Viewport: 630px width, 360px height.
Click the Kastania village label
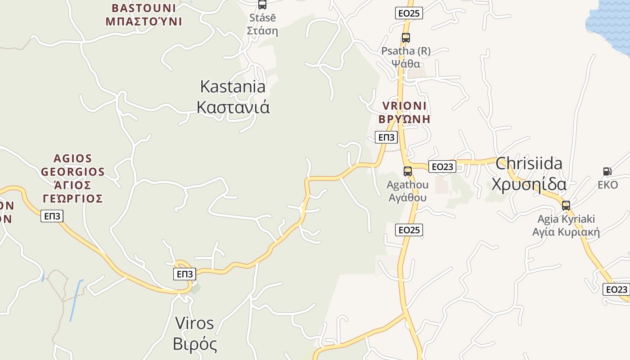click(233, 97)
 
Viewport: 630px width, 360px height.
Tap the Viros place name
click(194, 333)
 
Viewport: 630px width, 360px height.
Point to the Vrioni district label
click(404, 112)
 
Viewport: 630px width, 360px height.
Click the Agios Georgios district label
click(72, 178)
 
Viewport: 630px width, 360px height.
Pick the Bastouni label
click(144, 14)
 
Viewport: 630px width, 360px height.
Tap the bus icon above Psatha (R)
click(406, 38)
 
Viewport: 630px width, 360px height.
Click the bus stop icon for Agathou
click(408, 171)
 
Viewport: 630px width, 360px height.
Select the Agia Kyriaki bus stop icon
click(566, 206)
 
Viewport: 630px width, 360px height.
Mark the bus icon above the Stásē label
click(262, 5)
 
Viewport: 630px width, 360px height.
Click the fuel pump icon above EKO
click(607, 171)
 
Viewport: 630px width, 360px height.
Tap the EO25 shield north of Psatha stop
click(409, 13)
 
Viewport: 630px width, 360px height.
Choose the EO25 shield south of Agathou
click(409, 230)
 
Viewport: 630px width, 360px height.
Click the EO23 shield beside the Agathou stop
click(442, 166)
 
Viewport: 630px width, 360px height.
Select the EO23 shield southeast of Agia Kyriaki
click(616, 289)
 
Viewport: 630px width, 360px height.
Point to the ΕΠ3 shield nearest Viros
click(185, 274)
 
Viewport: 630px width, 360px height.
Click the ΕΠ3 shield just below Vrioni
click(386, 137)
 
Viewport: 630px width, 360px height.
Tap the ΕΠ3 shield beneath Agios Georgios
click(52, 216)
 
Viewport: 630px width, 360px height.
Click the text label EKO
click(607, 185)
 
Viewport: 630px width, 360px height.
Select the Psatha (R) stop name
click(406, 57)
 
